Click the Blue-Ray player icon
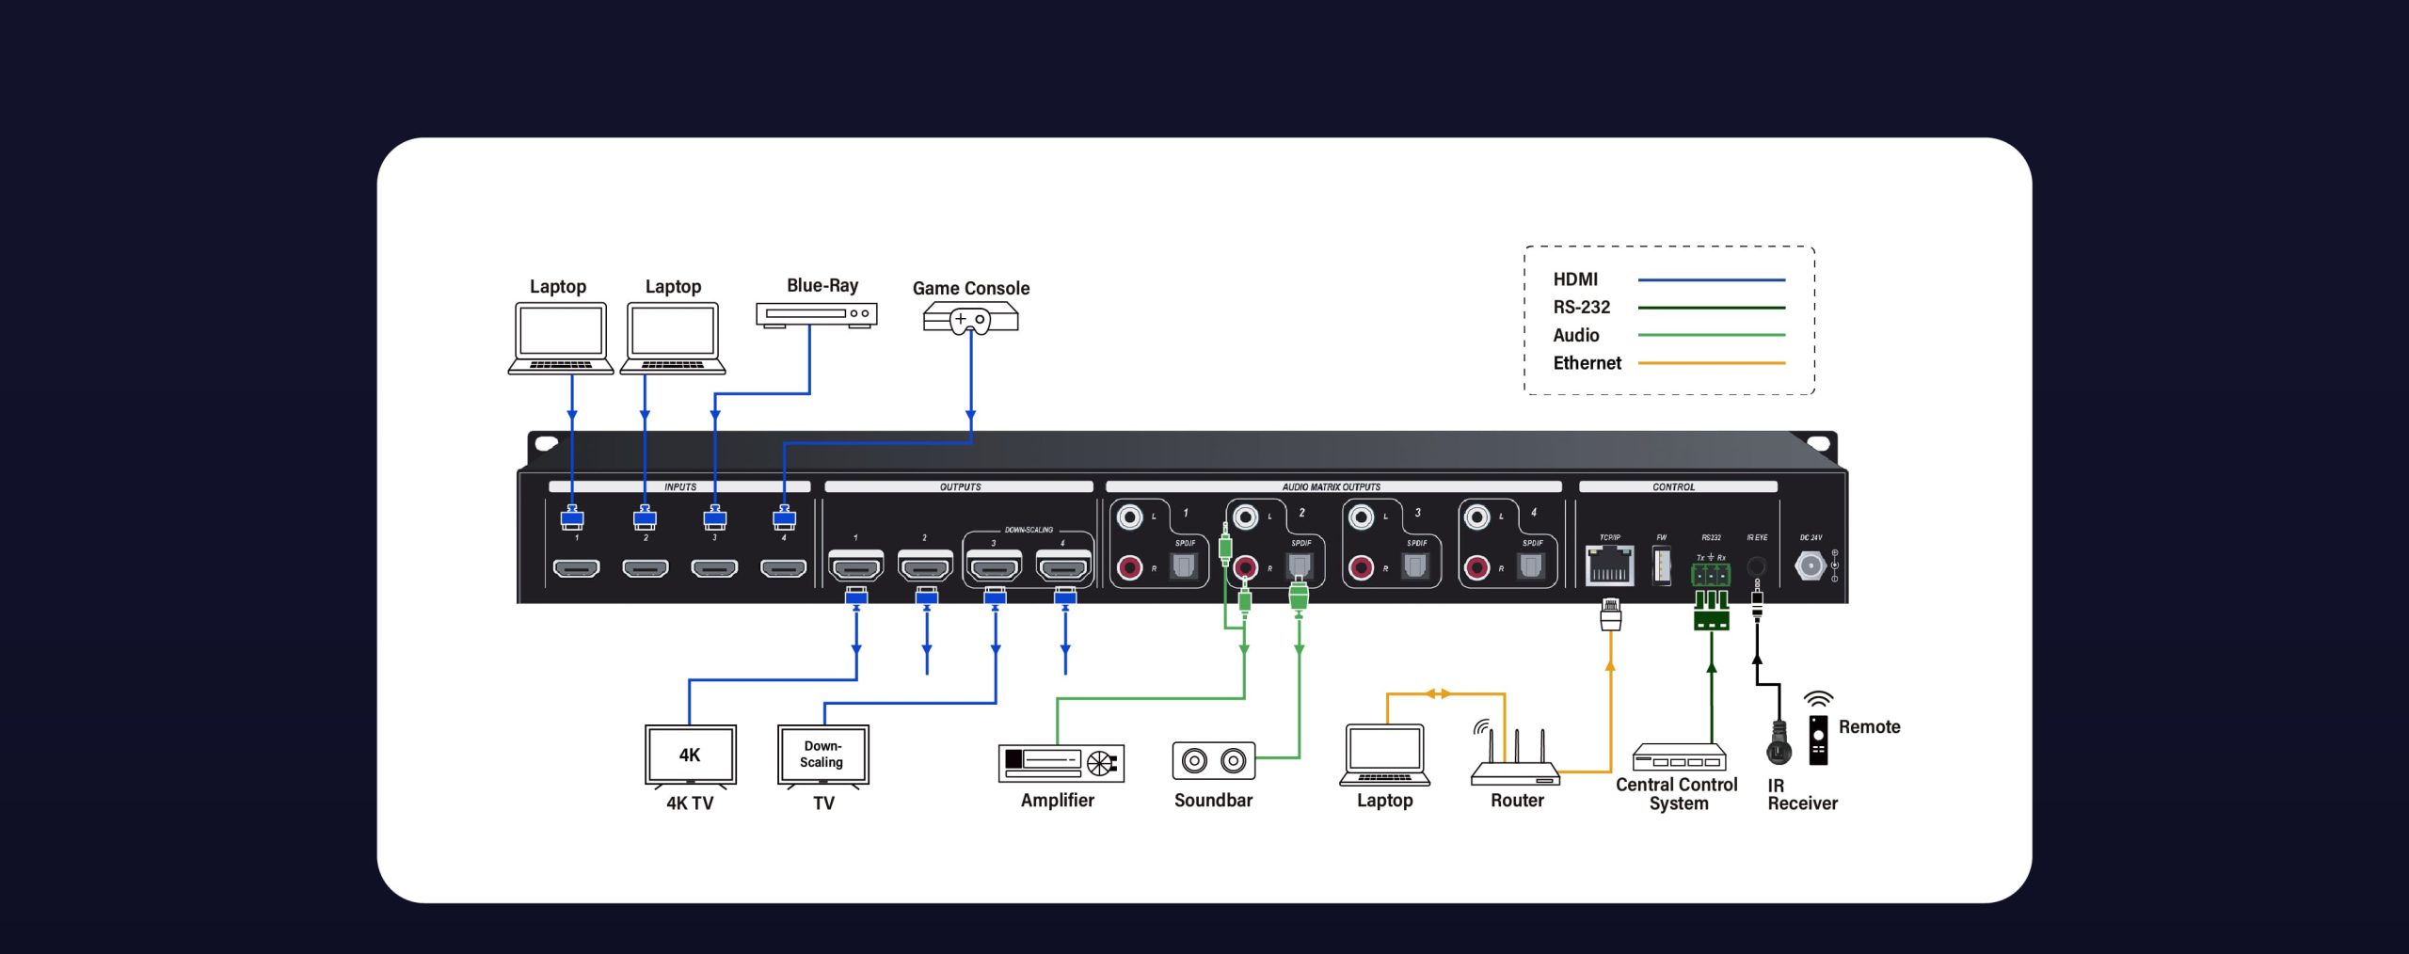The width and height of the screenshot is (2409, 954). [816, 314]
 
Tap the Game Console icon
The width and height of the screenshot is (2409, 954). [970, 318]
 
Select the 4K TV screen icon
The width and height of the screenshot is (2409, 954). [690, 755]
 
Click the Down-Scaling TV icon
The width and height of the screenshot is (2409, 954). [822, 755]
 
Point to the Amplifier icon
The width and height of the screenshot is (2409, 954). [1061, 762]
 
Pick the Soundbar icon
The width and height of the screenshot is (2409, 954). [1213, 760]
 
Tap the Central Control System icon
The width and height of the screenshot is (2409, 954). [1679, 757]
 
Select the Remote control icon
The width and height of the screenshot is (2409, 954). [1818, 739]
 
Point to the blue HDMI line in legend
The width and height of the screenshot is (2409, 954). [1711, 279]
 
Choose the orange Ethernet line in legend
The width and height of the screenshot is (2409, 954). [1711, 363]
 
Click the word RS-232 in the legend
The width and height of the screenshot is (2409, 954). [1581, 308]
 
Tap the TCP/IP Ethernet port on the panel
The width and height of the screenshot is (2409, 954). [1609, 564]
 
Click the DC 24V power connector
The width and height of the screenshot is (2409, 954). [1810, 565]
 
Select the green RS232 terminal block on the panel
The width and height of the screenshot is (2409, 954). [1710, 573]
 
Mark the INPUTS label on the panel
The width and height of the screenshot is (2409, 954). [679, 487]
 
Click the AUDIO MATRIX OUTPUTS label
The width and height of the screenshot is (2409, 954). [1331, 487]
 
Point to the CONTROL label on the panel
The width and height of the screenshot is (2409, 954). [1673, 487]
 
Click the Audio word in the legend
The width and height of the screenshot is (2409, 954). [1575, 336]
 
